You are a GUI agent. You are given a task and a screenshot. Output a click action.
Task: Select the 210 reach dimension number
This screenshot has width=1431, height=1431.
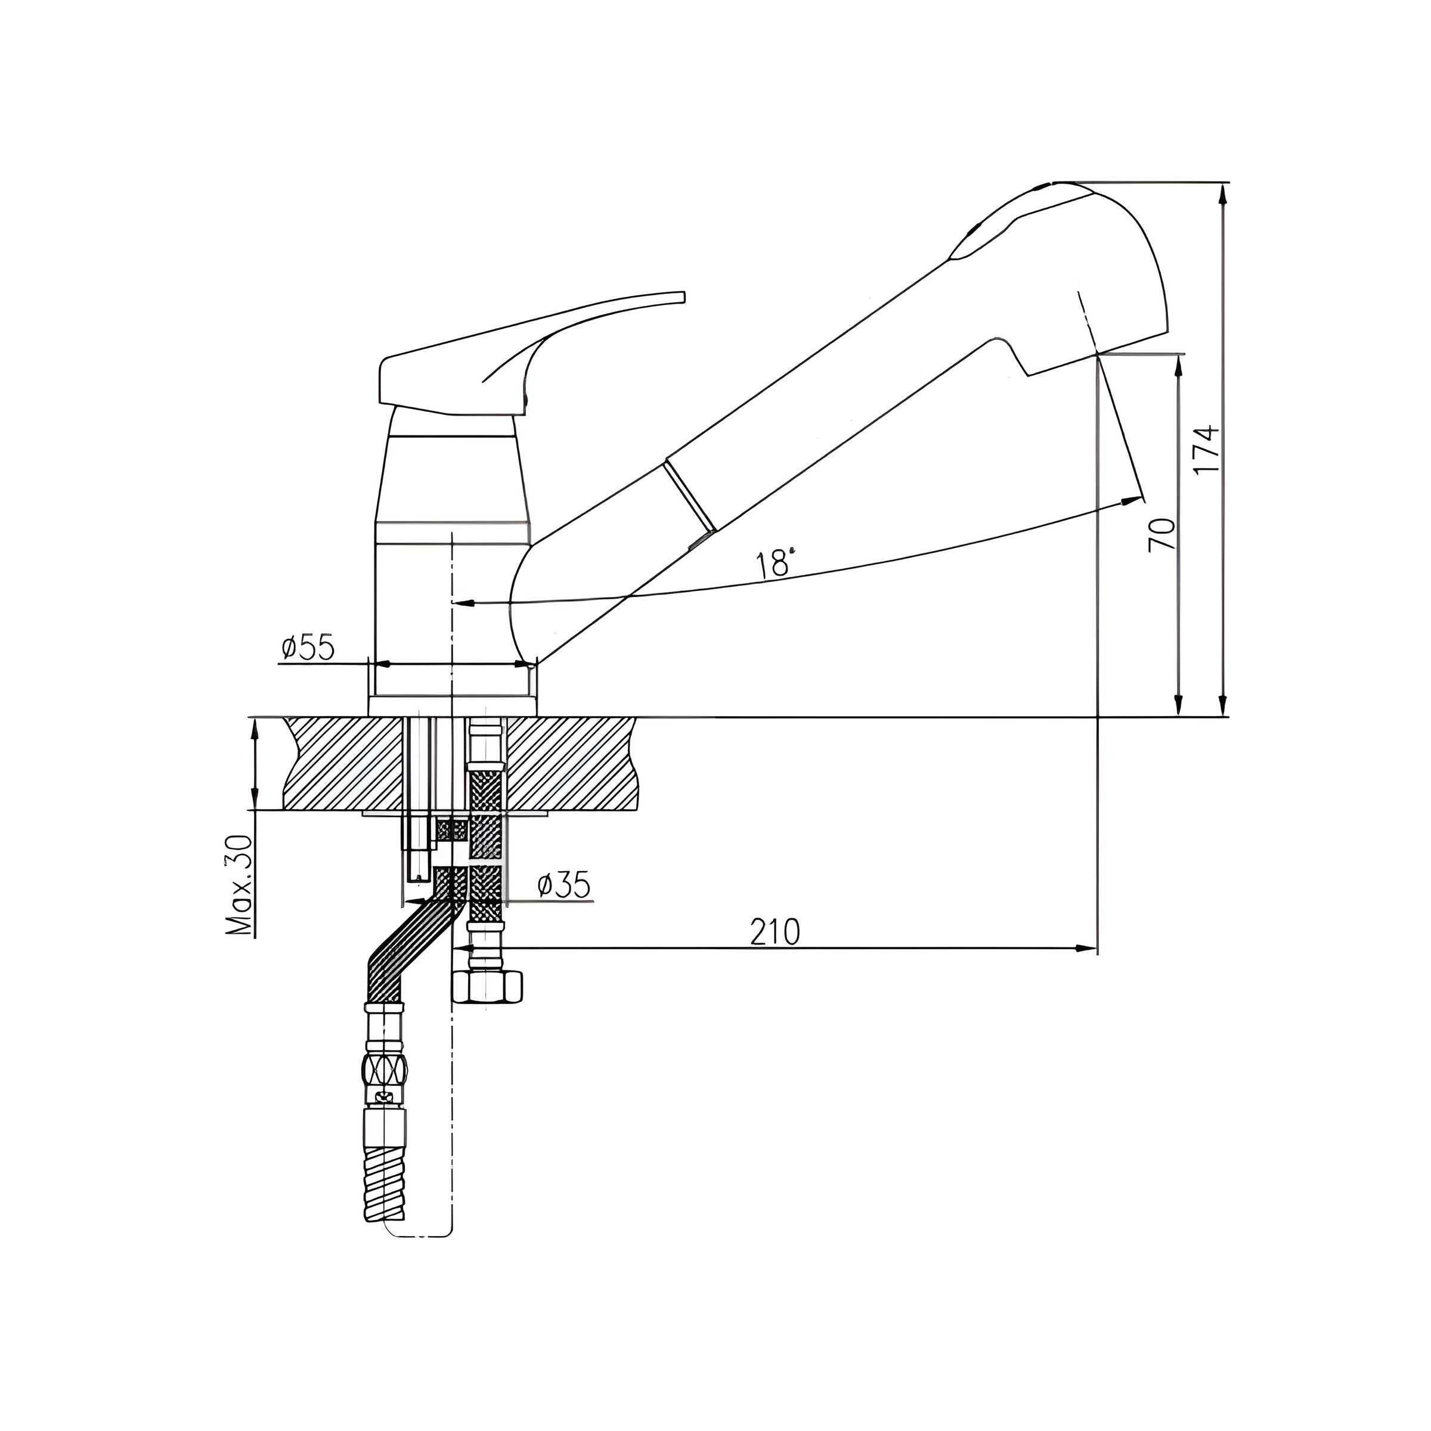click(x=776, y=932)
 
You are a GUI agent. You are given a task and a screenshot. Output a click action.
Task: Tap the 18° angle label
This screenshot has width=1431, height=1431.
click(x=776, y=563)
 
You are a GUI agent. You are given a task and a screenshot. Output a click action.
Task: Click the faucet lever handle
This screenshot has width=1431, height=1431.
click(x=530, y=352)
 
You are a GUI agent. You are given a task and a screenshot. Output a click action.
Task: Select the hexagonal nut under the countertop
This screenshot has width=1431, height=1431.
click(x=487, y=987)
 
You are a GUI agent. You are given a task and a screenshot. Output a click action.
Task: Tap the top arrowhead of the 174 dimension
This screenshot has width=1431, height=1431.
click(x=1223, y=193)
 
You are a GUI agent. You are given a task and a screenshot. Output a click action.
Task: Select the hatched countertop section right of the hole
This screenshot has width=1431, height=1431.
click(x=571, y=763)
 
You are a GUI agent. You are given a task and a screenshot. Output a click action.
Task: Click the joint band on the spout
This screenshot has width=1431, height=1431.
click(x=691, y=494)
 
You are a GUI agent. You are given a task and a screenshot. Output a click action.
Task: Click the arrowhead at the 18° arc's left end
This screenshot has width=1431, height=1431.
click(x=464, y=602)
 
